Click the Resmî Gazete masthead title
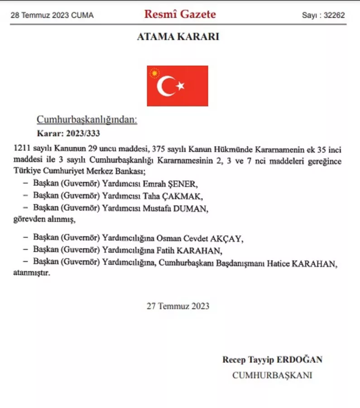coord(180,14)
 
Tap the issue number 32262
coord(335,15)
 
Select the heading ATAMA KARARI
coord(178,37)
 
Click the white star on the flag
coord(180,85)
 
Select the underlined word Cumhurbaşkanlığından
coord(86,120)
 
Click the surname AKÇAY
coord(230,238)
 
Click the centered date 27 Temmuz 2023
coord(178,306)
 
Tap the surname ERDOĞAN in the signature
coord(300,359)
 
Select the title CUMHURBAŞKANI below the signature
coord(272,375)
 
